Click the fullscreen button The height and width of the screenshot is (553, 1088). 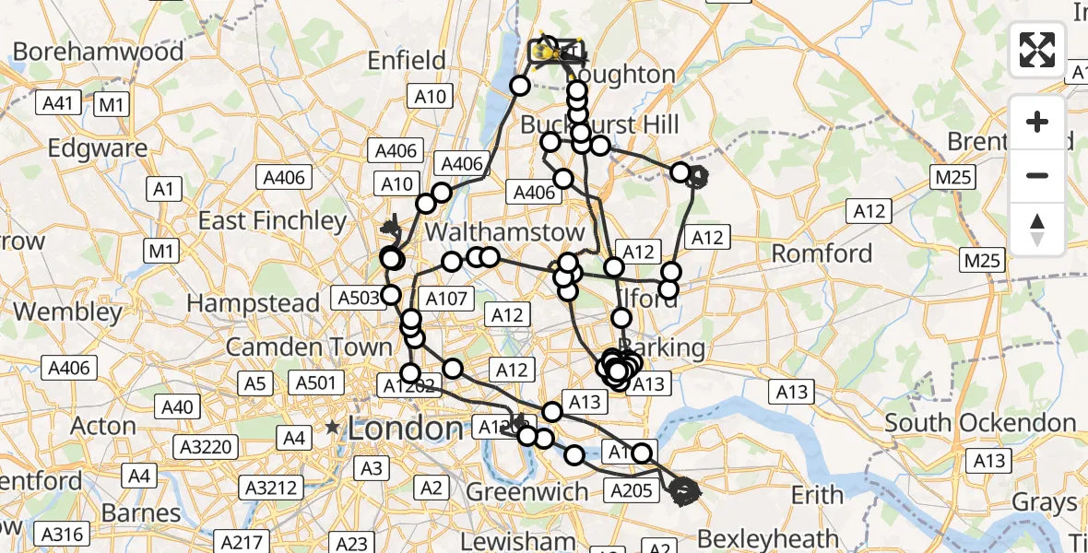(1037, 50)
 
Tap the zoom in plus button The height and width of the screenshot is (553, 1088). (1037, 122)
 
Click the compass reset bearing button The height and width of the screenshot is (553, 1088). (1037, 229)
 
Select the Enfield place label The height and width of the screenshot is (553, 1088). (407, 61)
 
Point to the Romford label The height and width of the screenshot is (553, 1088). (822, 253)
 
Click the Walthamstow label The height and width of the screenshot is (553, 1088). (505, 231)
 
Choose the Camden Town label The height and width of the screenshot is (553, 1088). (309, 347)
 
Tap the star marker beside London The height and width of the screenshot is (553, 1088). (332, 428)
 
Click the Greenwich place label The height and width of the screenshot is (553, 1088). (527, 492)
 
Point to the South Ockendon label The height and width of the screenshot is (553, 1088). (980, 423)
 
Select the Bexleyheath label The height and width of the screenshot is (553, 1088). (768, 538)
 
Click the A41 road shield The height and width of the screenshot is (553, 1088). (59, 104)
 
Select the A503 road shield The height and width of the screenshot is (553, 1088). (359, 298)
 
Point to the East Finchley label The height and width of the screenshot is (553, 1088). (273, 220)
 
